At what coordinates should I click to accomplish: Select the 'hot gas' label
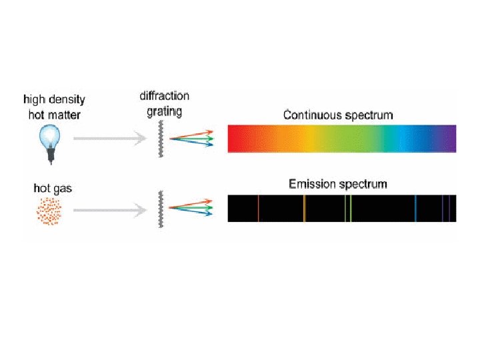tap(53, 189)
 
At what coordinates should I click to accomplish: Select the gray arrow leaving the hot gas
tap(110, 209)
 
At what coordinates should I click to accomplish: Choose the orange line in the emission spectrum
tap(304, 208)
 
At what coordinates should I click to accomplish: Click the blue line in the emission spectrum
tap(415, 208)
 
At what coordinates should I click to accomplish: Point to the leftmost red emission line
tap(258, 208)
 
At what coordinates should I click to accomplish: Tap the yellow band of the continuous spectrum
tap(308, 139)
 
